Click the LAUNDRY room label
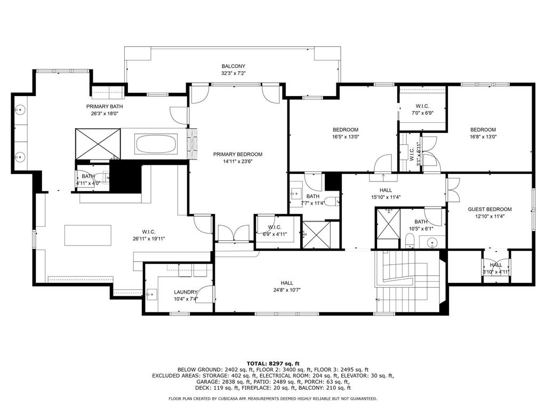[x=186, y=292]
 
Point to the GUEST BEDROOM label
[x=489, y=209]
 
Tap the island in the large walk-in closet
[x=88, y=234]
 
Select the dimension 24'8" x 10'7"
[x=287, y=290]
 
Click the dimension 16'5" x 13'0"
[x=346, y=137]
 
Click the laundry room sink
[x=151, y=293]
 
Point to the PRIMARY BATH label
[x=105, y=106]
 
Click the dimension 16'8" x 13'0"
[x=483, y=137]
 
